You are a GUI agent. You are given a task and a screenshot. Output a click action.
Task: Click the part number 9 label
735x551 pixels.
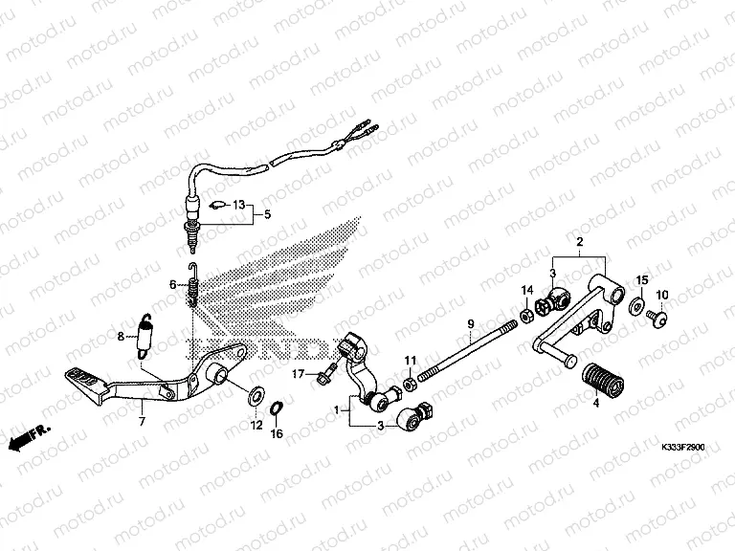[472, 325]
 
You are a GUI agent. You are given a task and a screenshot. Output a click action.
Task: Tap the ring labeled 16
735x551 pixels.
[276, 408]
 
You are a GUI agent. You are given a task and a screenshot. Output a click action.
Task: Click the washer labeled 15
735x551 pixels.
[636, 307]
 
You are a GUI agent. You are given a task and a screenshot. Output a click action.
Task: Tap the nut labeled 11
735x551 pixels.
[409, 385]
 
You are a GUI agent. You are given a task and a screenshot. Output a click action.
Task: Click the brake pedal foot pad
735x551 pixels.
[82, 379]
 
